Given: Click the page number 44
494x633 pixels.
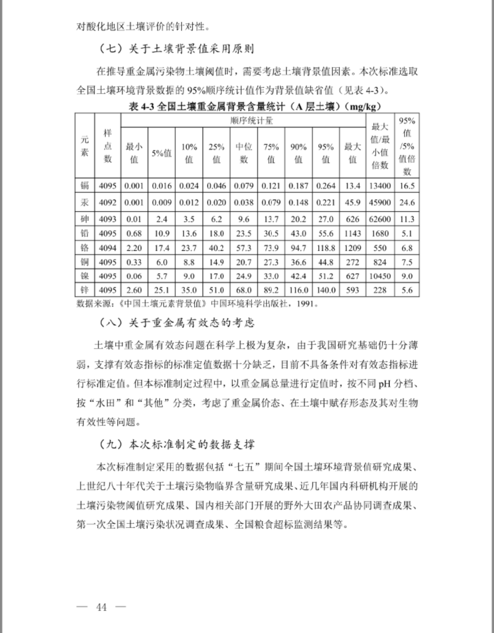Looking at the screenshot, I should (x=101, y=607).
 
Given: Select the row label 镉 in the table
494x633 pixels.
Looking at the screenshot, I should (x=85, y=186).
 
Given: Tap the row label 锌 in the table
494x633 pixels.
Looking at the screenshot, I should (x=85, y=290).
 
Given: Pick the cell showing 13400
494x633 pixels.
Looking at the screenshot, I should (x=380, y=186).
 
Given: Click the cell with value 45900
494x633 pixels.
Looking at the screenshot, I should (x=380, y=202).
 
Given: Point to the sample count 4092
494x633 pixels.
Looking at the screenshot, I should (x=107, y=202).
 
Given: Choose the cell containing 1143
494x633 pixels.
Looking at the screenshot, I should (x=353, y=234).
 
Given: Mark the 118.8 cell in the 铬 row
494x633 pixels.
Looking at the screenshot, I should (x=326, y=248).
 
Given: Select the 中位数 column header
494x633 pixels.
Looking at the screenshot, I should (x=244, y=153).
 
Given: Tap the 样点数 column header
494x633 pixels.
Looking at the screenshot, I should (x=107, y=146).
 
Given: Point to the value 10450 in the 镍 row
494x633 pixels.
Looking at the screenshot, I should (x=380, y=276).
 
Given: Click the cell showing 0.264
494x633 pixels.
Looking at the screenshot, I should (x=326, y=186).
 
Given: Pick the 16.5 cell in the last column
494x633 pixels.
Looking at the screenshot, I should (x=407, y=186).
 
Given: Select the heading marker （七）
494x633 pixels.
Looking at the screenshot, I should (x=111, y=49).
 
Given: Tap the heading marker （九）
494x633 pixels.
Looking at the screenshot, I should (x=111, y=444).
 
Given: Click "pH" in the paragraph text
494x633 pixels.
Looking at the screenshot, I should (x=384, y=384).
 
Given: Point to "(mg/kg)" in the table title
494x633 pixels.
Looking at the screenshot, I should (x=364, y=106).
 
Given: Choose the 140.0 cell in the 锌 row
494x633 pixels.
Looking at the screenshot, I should (x=326, y=290).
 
